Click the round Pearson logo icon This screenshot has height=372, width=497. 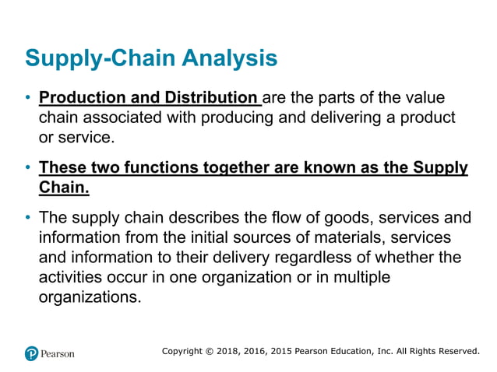pos(31,353)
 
